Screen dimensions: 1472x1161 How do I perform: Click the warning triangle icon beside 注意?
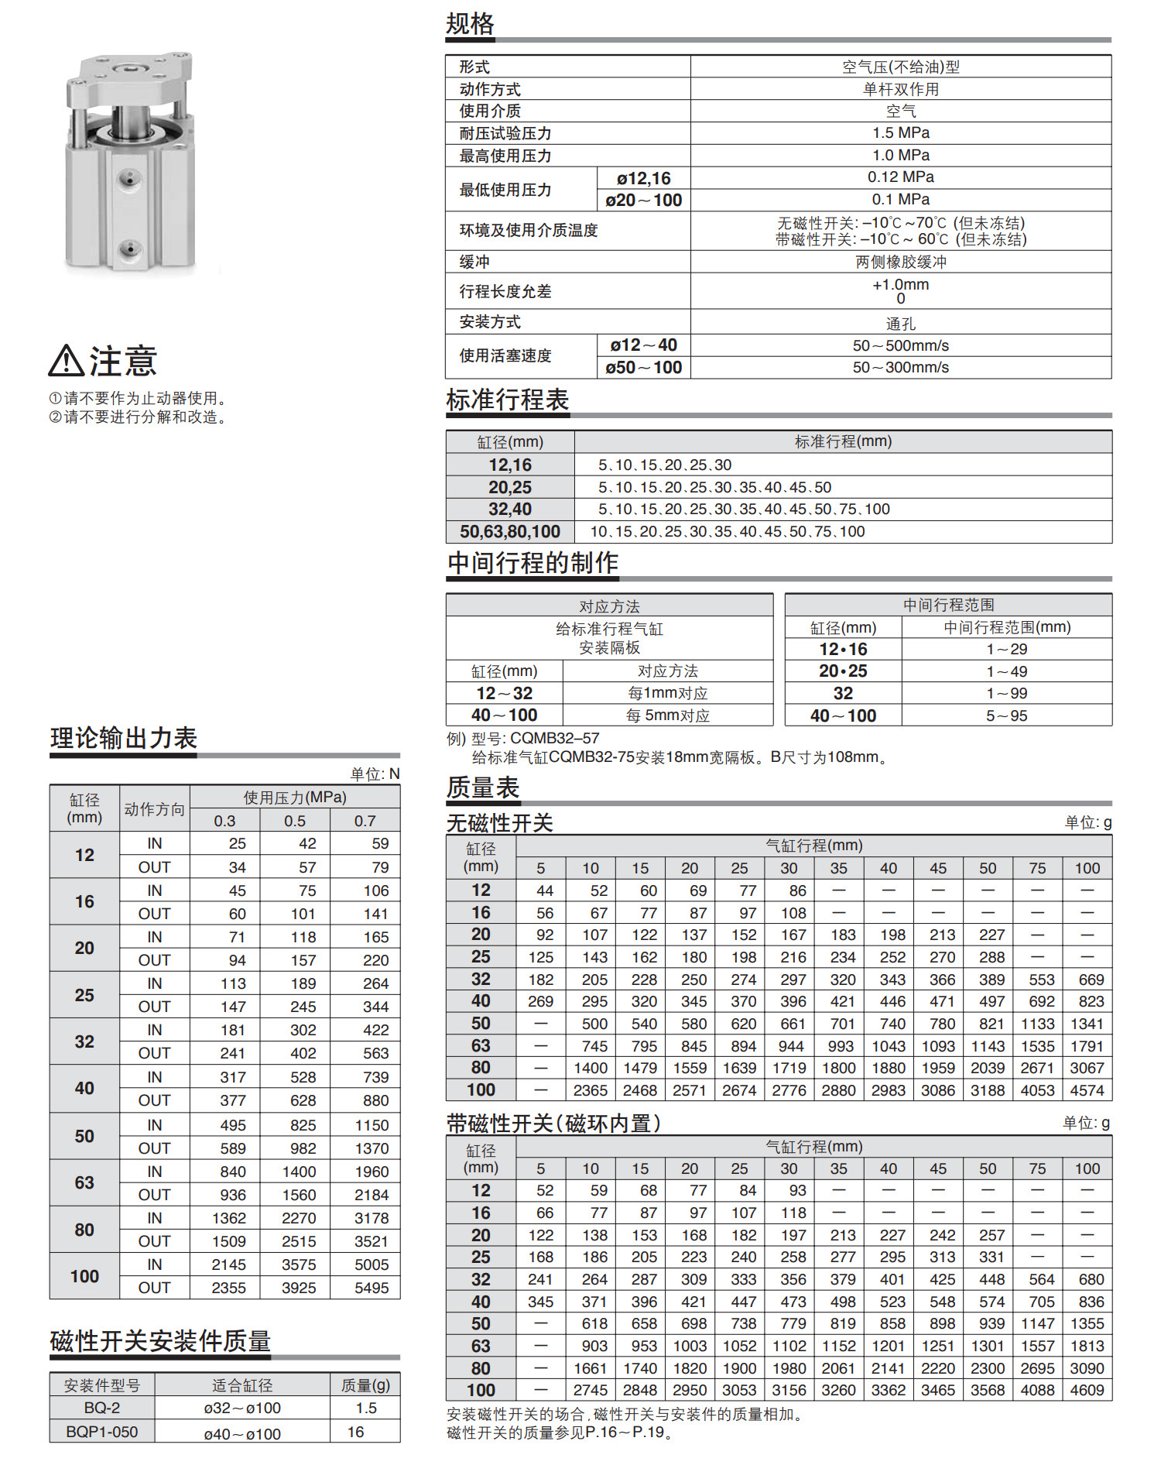tap(66, 361)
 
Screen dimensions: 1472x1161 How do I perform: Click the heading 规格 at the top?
tap(470, 24)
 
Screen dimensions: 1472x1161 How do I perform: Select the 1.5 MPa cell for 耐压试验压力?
tap(900, 133)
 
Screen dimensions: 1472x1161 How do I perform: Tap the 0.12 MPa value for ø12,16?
tap(900, 177)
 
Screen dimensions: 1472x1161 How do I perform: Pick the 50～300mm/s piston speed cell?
tap(900, 368)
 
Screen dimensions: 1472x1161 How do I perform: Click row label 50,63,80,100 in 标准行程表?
tap(510, 532)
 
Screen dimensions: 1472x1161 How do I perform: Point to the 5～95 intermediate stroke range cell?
tap(1006, 716)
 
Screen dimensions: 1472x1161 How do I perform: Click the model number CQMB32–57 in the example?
tap(555, 739)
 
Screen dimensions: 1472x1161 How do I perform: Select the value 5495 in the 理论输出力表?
tap(372, 1288)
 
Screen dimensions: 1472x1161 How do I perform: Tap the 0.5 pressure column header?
tap(295, 821)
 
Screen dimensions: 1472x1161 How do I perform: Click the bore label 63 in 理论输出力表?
tap(84, 1183)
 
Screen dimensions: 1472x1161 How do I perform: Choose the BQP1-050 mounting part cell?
tap(102, 1432)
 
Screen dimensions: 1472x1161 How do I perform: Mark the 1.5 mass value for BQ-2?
tap(366, 1409)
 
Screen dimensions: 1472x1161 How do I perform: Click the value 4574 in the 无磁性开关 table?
tap(1087, 1090)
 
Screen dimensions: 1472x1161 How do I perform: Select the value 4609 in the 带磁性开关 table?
tap(1087, 1391)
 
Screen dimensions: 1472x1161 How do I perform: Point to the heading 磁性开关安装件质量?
tap(160, 1341)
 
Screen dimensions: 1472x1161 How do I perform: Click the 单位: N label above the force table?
tap(375, 774)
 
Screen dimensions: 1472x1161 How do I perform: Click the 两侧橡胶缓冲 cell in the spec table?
tap(900, 262)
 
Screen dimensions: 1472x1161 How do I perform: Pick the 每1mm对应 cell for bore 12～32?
tap(667, 694)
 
